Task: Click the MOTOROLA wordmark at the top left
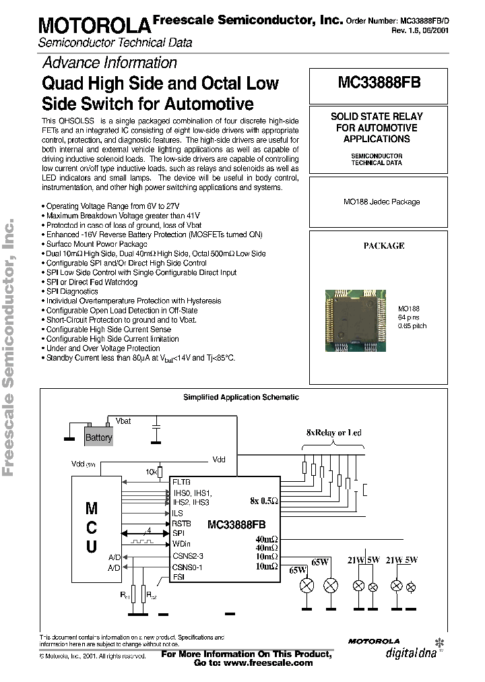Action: click(x=93, y=26)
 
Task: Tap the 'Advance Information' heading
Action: click(x=110, y=63)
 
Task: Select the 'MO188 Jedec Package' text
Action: click(x=381, y=201)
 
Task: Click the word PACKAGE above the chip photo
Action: click(x=383, y=246)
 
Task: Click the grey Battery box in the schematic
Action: click(x=98, y=437)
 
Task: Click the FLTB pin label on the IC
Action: click(x=183, y=483)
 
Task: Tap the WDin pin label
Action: click(x=182, y=543)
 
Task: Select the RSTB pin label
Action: click(x=182, y=523)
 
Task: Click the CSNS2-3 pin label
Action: click(x=187, y=556)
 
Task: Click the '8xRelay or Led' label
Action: click(x=333, y=432)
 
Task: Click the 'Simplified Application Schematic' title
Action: click(x=241, y=398)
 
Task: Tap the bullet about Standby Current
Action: click(x=141, y=359)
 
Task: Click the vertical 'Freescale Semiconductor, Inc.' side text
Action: click(x=10, y=346)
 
